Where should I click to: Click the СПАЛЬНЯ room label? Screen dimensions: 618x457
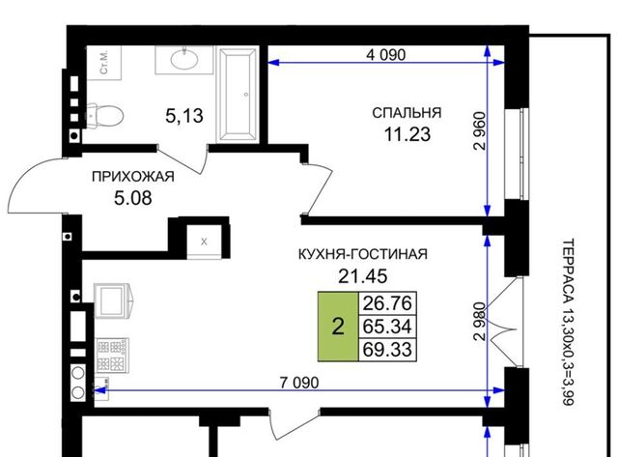(407, 113)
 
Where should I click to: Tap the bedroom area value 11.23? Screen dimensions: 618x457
(407, 134)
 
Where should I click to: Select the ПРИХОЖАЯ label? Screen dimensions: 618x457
(133, 177)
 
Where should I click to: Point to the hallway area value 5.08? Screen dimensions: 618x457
(133, 198)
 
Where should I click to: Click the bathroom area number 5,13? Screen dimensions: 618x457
(184, 116)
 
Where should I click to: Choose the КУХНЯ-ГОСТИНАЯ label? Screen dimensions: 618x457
(363, 254)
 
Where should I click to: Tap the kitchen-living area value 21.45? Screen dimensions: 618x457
(363, 276)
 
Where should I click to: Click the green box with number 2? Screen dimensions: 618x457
(338, 327)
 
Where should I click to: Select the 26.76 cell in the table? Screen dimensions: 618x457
(387, 303)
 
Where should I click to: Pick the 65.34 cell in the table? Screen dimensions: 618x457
(387, 327)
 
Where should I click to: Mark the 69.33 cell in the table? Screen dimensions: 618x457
(387, 350)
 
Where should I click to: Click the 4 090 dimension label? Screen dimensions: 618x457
(385, 55)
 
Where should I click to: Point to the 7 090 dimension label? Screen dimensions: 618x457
(299, 383)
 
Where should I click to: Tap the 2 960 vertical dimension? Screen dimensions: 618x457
(480, 130)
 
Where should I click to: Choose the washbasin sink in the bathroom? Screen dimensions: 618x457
(184, 60)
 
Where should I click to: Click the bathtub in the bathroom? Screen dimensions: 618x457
(238, 95)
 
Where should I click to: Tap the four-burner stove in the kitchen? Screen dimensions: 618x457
(113, 356)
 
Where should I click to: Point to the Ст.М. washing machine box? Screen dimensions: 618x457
(104, 63)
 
